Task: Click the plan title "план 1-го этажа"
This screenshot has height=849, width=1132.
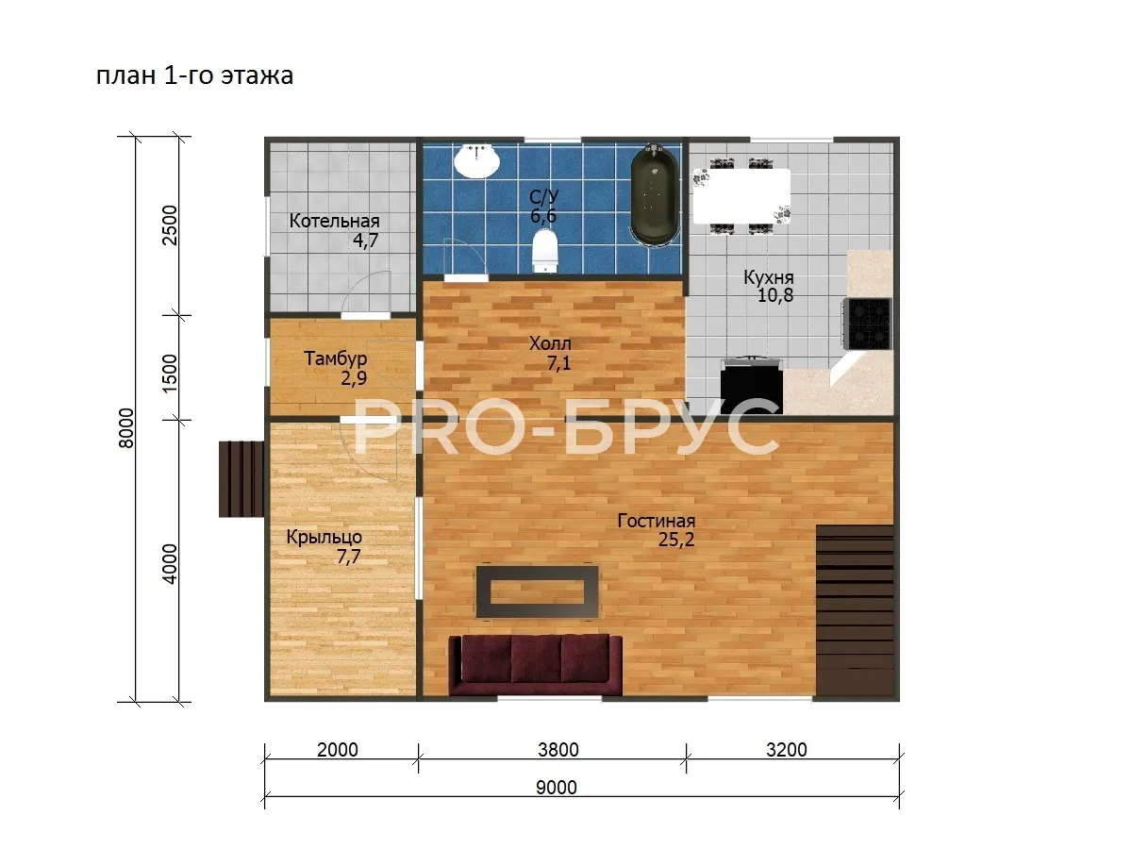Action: (195, 75)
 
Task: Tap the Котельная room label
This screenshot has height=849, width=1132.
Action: (334, 221)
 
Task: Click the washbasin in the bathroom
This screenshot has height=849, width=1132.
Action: (476, 160)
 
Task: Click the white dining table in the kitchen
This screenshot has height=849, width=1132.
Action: (741, 196)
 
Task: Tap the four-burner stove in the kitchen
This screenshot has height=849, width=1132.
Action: (868, 324)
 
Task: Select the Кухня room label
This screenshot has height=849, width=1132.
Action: (769, 277)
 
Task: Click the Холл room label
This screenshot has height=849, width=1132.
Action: (550, 343)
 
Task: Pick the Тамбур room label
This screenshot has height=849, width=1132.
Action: (335, 358)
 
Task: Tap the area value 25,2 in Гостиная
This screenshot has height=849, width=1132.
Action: (676, 540)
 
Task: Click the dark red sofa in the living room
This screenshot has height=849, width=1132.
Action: (535, 665)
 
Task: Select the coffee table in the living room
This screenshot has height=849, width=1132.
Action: (537, 591)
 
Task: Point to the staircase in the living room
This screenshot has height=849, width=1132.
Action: (855, 609)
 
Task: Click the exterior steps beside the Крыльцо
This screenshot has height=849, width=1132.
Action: (241, 478)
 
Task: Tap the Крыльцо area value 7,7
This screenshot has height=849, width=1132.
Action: (349, 558)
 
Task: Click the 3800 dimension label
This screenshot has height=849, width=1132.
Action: (558, 750)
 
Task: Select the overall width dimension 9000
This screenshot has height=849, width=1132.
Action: (557, 788)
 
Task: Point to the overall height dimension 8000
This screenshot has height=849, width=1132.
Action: (126, 428)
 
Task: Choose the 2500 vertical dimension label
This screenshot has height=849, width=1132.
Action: (170, 225)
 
